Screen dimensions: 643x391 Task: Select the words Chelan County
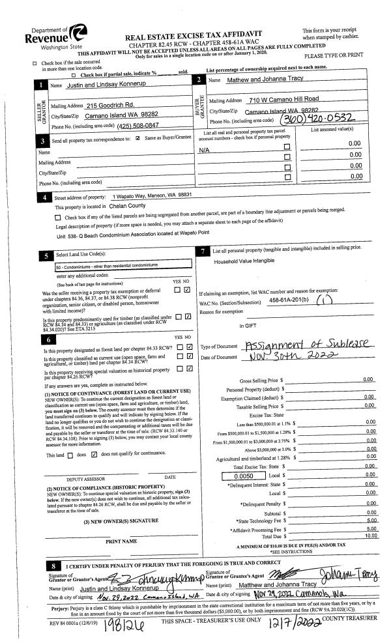130,206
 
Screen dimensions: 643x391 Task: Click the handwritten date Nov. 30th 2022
286,356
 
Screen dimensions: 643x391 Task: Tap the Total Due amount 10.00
369,536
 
